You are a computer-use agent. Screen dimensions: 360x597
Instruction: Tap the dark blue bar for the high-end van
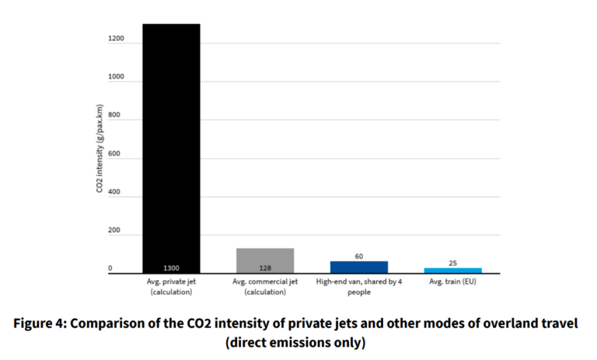[x=358, y=267]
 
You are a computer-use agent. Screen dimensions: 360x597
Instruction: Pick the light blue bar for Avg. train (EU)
[x=452, y=270]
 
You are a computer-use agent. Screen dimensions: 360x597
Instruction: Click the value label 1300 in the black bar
[x=171, y=267]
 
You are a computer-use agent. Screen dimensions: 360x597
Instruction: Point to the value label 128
[x=264, y=267]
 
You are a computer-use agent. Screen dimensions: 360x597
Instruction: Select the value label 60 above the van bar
[x=358, y=256]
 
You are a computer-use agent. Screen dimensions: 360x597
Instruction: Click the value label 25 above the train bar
[x=452, y=263]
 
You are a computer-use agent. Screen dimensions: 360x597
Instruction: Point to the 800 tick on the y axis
[x=116, y=116]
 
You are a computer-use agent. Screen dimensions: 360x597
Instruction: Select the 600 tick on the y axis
[x=116, y=154]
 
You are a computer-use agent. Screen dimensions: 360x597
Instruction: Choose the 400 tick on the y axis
[x=116, y=192]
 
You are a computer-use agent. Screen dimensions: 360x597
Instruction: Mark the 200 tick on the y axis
[x=116, y=231]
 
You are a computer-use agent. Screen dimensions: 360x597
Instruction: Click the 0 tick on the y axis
[x=110, y=269]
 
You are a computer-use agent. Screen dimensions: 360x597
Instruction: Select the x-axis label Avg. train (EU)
[x=452, y=281]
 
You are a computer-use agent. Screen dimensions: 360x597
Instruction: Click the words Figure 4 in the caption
[x=42, y=323]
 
